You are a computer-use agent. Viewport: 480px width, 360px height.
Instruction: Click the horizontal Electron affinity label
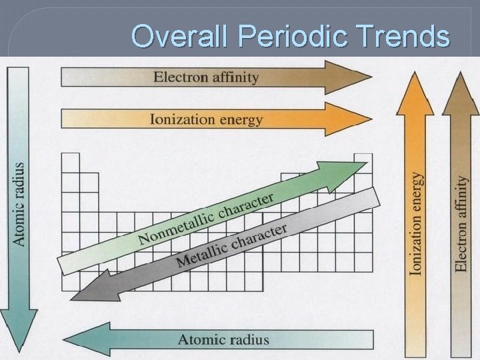click(x=205, y=77)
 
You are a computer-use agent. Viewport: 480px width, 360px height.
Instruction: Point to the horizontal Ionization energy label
click(x=206, y=120)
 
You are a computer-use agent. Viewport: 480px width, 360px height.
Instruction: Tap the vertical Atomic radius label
click(x=19, y=203)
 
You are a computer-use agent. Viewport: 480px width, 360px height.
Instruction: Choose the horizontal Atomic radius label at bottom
click(x=223, y=339)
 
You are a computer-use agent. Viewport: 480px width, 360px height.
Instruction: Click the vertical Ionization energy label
click(x=416, y=223)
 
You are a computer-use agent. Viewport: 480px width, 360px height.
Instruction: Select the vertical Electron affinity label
click(x=461, y=223)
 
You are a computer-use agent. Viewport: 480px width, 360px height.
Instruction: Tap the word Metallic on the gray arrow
click(x=205, y=252)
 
